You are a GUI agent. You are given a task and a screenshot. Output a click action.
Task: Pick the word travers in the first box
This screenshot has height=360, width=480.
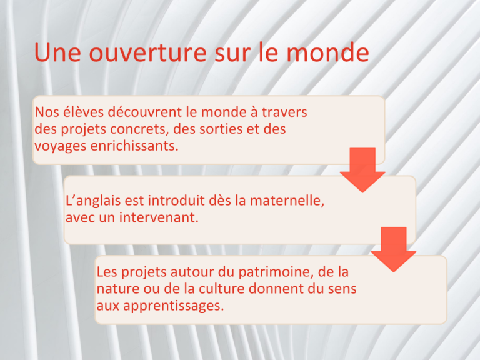[284, 112]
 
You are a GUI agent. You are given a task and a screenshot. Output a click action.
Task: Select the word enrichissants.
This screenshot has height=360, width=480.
[134, 146]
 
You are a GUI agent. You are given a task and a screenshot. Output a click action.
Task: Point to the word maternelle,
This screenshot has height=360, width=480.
[287, 201]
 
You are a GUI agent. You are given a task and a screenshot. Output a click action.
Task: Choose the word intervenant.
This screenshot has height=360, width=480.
[159, 217]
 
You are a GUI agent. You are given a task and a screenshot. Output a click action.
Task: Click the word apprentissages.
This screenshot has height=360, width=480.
[174, 306]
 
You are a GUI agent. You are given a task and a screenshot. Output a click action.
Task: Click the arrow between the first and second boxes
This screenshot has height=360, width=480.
[362, 169]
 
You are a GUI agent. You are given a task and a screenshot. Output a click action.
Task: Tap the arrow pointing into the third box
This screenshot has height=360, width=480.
[393, 249]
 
